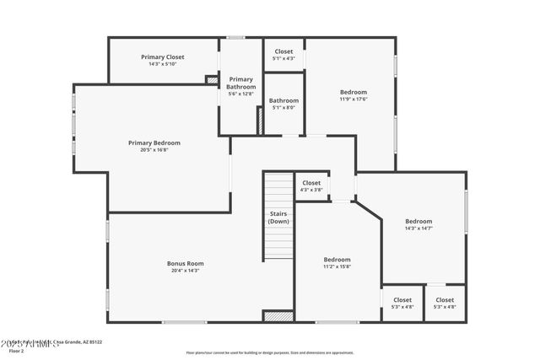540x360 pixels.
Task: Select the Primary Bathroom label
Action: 240,83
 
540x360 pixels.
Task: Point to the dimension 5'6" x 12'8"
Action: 240,94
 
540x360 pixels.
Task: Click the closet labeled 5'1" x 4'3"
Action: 283,51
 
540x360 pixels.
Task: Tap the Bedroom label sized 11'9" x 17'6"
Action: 354,92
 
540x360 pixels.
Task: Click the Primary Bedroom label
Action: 154,142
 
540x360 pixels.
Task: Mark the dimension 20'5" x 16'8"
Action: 154,150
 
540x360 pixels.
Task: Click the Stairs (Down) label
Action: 278,218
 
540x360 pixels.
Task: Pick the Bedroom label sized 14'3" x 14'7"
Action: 418,221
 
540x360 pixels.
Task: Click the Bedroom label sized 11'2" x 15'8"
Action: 337,260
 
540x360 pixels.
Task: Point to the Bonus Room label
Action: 185,263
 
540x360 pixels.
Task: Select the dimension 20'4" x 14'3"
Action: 185,271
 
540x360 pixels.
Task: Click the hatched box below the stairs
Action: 278,317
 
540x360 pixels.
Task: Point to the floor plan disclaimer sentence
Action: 270,352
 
